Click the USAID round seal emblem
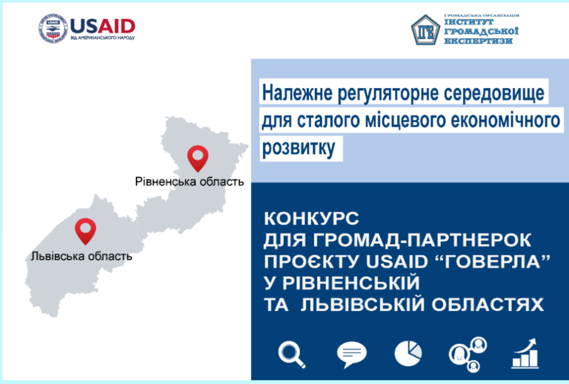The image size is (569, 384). coord(53,28)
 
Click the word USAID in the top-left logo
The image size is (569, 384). coord(102,26)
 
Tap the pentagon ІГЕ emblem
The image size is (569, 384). coord(425,30)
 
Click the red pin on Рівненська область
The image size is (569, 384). coord(198,158)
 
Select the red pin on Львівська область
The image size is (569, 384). coord(85,231)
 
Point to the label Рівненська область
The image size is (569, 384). coord(189,181)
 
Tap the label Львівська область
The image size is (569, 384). coord(81,256)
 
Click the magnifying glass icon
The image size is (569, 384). coord(292,354)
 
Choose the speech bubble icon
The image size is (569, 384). coord(351,354)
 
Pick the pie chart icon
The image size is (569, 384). coord(408,353)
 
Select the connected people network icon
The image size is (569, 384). coord(468,354)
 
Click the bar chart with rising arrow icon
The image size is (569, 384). coord(525,353)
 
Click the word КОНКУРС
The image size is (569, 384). coord(311,219)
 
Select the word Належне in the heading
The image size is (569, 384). coord(297,93)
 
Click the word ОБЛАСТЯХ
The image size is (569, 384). coord(487,304)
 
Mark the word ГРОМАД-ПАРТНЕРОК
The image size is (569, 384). coord(422,240)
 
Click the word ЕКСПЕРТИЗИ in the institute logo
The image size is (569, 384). coord(478,41)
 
